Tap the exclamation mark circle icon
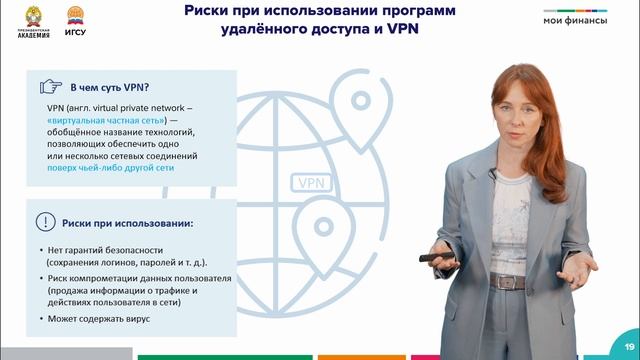46,222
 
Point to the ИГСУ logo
74,20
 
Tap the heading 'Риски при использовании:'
126,222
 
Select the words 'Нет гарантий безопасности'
104,249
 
